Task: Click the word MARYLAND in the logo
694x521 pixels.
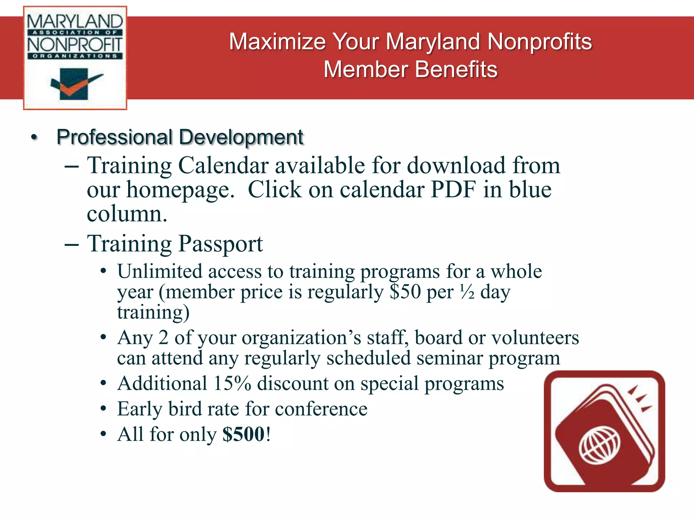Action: coord(75,22)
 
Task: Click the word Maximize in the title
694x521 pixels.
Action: coord(277,42)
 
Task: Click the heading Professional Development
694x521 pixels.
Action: coord(180,137)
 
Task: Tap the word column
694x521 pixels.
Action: coord(127,214)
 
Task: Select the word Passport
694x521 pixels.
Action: coord(220,244)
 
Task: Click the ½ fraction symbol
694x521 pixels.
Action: coord(467,292)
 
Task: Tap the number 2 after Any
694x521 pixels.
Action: coord(163,338)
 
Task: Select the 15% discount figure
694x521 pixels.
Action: coord(232,384)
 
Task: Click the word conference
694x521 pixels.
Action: coord(321,409)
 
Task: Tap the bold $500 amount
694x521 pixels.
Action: coord(243,434)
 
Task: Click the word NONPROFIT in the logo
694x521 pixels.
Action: coord(75,44)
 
